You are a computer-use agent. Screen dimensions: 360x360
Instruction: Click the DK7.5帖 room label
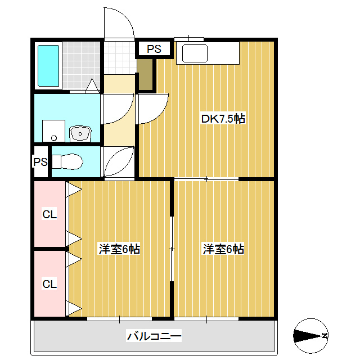[x=223, y=119]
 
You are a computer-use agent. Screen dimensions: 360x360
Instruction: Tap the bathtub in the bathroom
[x=48, y=65]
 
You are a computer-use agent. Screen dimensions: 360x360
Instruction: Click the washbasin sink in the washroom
[x=80, y=133]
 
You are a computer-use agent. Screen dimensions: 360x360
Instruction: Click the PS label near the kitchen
[x=154, y=49]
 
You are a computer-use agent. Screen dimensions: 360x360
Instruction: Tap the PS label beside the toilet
[x=40, y=162]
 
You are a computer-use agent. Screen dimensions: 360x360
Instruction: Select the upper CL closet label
[x=50, y=214]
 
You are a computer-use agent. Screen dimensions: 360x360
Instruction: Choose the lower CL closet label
[x=50, y=284]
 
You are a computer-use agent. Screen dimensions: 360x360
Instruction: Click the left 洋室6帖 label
[x=119, y=249]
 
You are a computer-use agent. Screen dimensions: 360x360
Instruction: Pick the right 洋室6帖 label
[x=223, y=249]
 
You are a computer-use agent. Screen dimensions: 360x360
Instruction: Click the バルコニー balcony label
[x=154, y=337]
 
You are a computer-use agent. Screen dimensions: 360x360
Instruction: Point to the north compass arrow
[x=307, y=336]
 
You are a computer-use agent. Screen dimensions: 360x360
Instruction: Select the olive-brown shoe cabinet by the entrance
[x=145, y=75]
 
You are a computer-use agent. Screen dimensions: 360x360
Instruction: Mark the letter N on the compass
[x=325, y=336]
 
